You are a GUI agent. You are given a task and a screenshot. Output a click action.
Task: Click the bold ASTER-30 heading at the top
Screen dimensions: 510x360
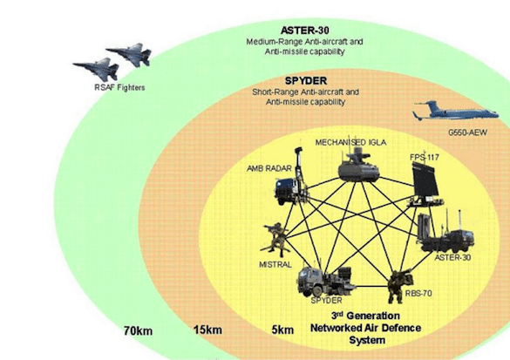(x=305, y=31)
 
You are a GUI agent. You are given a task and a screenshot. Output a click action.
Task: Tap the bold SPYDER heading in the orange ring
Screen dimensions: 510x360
(x=306, y=80)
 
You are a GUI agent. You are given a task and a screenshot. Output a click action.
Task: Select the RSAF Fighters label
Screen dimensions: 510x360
(x=119, y=87)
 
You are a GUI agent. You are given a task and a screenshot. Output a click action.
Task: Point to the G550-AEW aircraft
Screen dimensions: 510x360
(x=455, y=111)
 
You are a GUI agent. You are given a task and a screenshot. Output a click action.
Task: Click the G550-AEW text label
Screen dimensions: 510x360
(x=467, y=132)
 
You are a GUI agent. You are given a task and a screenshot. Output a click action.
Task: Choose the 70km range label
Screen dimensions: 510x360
(x=138, y=331)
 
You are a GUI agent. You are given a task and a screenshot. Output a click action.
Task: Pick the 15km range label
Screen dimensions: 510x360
(x=207, y=330)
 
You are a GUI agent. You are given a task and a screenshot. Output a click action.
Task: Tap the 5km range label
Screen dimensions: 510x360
(x=282, y=330)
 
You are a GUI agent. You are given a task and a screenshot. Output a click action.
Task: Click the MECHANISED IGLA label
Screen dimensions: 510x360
(x=350, y=142)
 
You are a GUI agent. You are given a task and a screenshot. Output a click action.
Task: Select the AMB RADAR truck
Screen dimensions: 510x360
(x=291, y=184)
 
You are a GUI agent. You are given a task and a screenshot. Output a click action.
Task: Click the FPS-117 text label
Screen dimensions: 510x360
(x=425, y=158)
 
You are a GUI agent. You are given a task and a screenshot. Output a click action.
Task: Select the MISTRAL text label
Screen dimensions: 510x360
(x=275, y=264)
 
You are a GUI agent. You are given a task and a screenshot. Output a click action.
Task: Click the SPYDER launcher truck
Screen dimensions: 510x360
(x=326, y=281)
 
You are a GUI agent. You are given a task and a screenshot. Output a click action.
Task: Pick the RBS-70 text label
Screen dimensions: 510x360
(x=418, y=294)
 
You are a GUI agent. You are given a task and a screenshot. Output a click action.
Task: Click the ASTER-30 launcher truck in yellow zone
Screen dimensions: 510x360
(x=445, y=232)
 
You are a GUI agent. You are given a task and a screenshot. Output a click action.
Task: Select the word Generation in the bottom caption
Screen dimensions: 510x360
(x=373, y=316)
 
